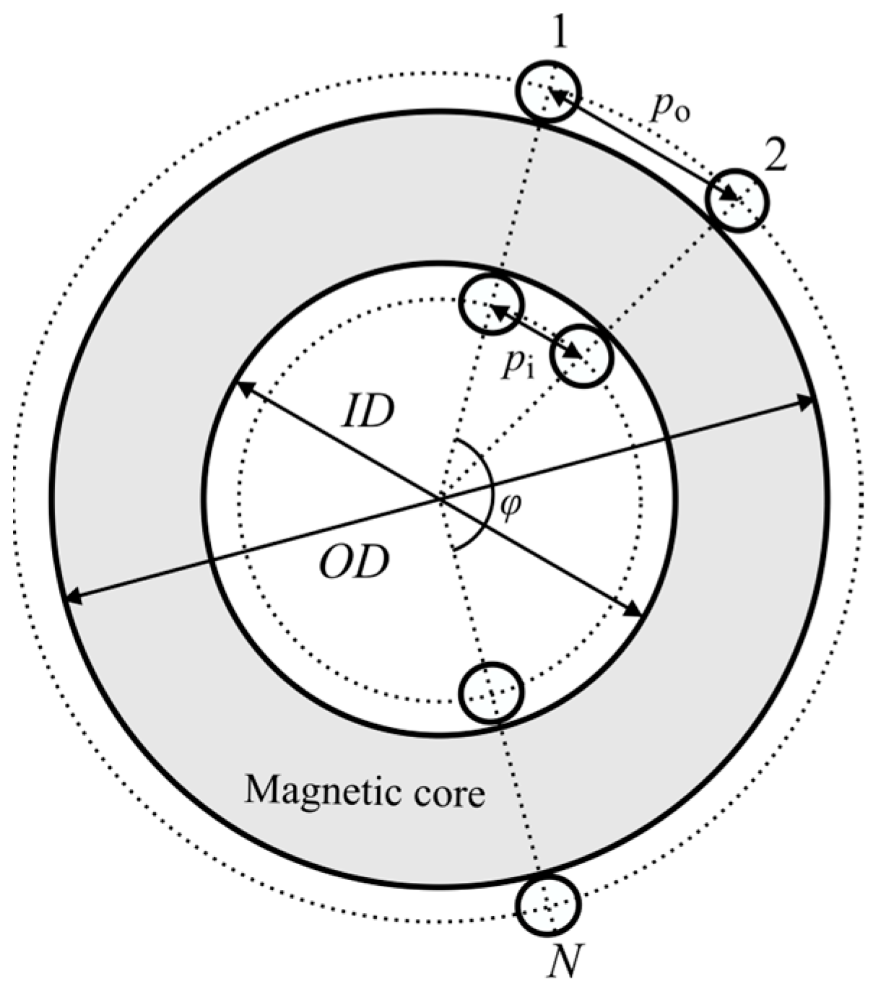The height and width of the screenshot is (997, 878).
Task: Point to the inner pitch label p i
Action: [518, 367]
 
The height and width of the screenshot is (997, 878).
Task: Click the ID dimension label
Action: [368, 412]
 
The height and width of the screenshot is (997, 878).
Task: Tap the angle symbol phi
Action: [510, 508]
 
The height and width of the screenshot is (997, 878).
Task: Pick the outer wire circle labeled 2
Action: [736, 200]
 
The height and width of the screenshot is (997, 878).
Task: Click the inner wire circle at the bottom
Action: [491, 692]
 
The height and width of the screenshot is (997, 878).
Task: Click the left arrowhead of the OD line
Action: [71, 597]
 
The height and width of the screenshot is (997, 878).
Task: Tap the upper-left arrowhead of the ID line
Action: [243, 386]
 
